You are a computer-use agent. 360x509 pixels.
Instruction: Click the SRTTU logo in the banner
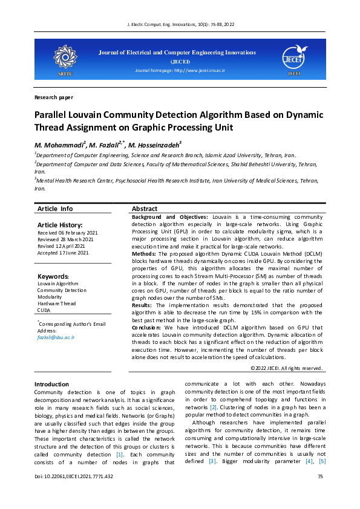tap(64, 57)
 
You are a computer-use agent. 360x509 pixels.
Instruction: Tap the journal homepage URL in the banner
tap(179, 71)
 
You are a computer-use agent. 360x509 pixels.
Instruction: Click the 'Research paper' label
tap(54, 97)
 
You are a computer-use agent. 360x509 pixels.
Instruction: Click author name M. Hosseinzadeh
tap(155, 145)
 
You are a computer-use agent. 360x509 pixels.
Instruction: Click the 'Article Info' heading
tap(55, 209)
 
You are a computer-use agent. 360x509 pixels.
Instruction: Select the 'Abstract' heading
tap(145, 209)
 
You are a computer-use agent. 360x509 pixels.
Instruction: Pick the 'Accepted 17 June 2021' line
tap(63, 253)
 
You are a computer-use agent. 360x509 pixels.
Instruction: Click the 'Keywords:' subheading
tap(53, 276)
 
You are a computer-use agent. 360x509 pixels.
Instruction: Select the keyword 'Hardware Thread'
tap(57, 303)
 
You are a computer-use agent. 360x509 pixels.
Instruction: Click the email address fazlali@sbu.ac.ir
tap(56, 337)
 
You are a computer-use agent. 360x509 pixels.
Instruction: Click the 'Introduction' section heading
tap(51, 384)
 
